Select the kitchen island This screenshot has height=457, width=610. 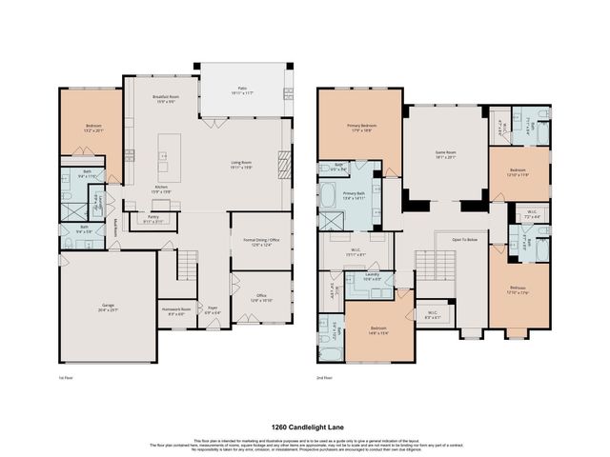(169, 158)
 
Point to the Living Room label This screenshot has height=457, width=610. (240, 165)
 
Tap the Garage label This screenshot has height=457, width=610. (108, 307)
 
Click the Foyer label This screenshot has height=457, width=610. (211, 309)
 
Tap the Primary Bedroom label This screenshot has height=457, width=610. (360, 128)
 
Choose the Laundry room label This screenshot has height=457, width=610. (372, 276)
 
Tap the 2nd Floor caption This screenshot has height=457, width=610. (325, 377)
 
